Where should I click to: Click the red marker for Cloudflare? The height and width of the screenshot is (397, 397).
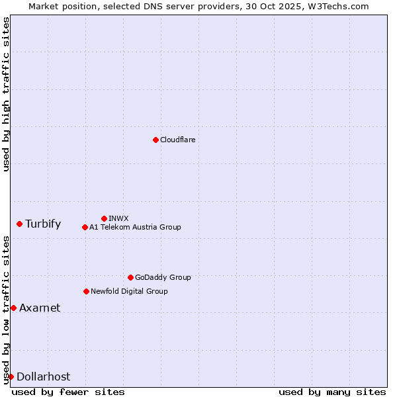pyautogui.click(x=155, y=140)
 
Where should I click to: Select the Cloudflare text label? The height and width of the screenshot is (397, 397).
pyautogui.click(x=178, y=140)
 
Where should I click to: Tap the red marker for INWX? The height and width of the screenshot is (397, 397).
pyautogui.click(x=104, y=218)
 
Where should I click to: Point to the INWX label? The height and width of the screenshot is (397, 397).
pyautogui.click(x=118, y=218)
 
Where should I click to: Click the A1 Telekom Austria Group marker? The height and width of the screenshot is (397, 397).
pyautogui.click(x=85, y=227)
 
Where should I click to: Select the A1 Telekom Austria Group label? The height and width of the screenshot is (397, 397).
pyautogui.click(x=135, y=227)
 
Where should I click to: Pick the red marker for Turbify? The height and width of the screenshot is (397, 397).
pyautogui.click(x=19, y=224)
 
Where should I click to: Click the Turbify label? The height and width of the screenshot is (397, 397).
pyautogui.click(x=43, y=224)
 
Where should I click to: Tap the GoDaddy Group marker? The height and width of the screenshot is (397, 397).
pyautogui.click(x=130, y=277)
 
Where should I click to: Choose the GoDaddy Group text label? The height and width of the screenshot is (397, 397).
pyautogui.click(x=163, y=277)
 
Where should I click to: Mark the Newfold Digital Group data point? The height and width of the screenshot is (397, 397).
pyautogui.click(x=86, y=291)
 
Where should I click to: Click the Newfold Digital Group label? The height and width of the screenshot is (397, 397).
pyautogui.click(x=129, y=291)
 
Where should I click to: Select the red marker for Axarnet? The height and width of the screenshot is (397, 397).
pyautogui.click(x=13, y=308)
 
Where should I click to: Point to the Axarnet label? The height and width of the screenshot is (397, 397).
pyautogui.click(x=40, y=308)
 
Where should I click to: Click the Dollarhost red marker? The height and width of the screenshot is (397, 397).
pyautogui.click(x=11, y=376)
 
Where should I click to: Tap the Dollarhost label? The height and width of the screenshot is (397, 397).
pyautogui.click(x=43, y=376)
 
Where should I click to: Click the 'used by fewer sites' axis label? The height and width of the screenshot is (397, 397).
pyautogui.click(x=68, y=392)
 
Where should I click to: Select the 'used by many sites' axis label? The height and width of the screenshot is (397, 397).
pyautogui.click(x=332, y=392)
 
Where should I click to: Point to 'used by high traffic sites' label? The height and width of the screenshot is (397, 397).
pyautogui.click(x=6, y=94)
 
